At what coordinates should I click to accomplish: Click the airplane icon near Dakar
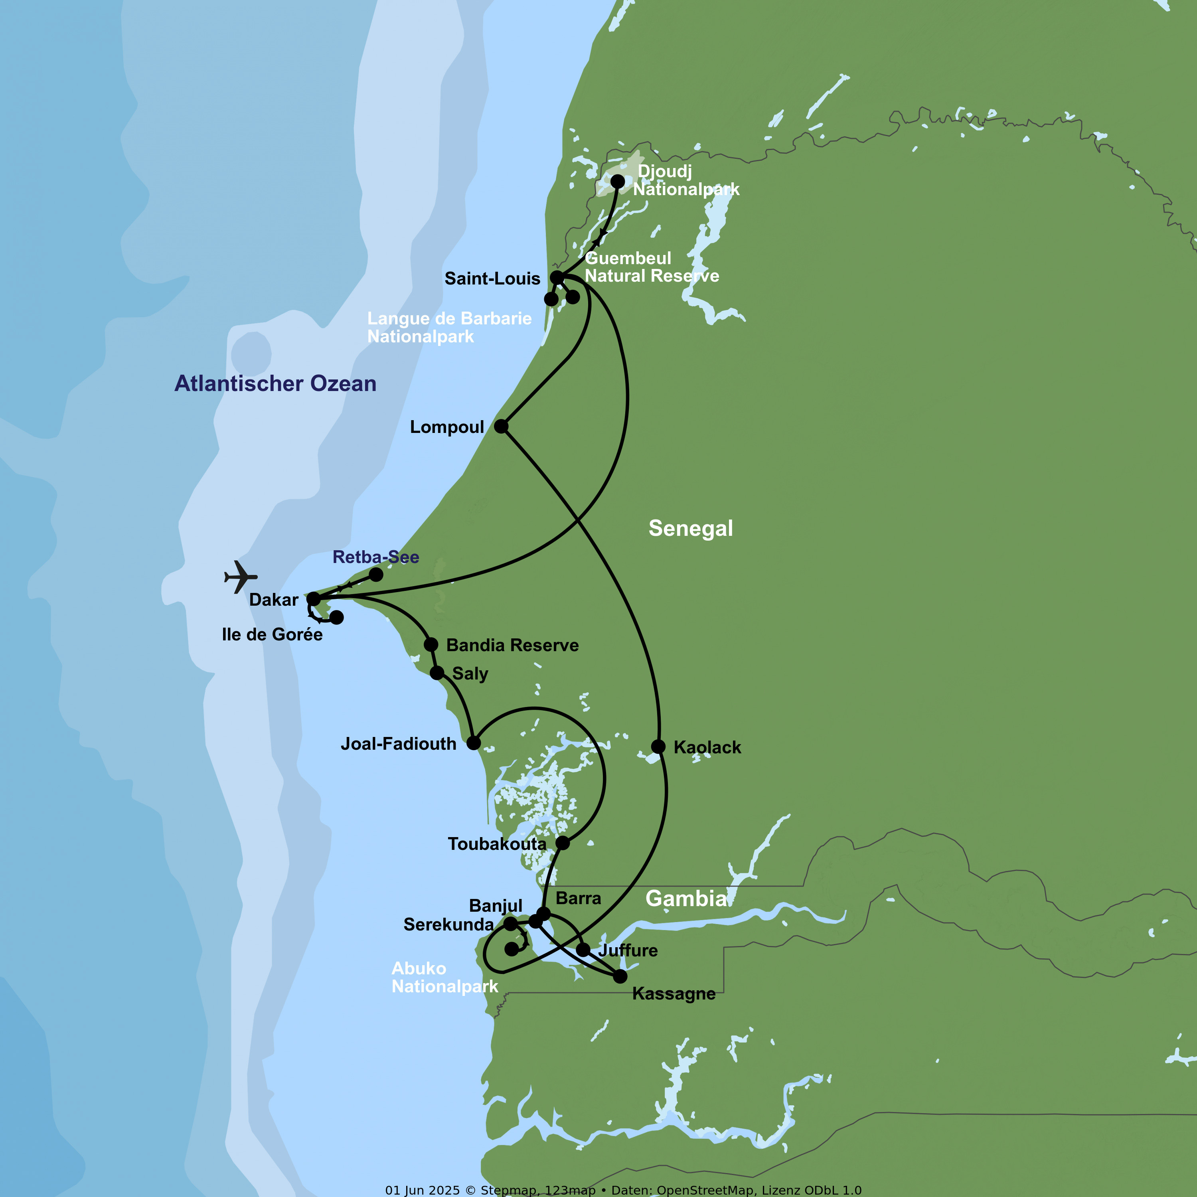pyautogui.click(x=240, y=577)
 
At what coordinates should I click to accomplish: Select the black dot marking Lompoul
pyautogui.click(x=501, y=426)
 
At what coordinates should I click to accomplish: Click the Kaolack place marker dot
pyautogui.click(x=658, y=747)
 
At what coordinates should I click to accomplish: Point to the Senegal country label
pyautogui.click(x=690, y=529)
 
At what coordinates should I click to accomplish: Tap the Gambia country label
pyautogui.click(x=686, y=899)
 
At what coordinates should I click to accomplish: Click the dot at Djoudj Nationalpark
pyautogui.click(x=618, y=182)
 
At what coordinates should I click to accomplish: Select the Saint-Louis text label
pyautogui.click(x=492, y=279)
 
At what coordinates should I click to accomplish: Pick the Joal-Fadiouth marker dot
pyautogui.click(x=473, y=743)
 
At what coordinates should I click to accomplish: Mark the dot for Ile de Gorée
pyautogui.click(x=336, y=617)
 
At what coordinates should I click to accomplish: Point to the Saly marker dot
pyautogui.click(x=437, y=673)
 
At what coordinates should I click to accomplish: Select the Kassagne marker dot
pyautogui.click(x=620, y=976)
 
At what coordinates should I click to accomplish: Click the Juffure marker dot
pyautogui.click(x=583, y=950)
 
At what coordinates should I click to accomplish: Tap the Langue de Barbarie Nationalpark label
pyautogui.click(x=449, y=327)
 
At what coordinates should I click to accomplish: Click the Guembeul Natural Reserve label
pyautogui.click(x=652, y=267)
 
